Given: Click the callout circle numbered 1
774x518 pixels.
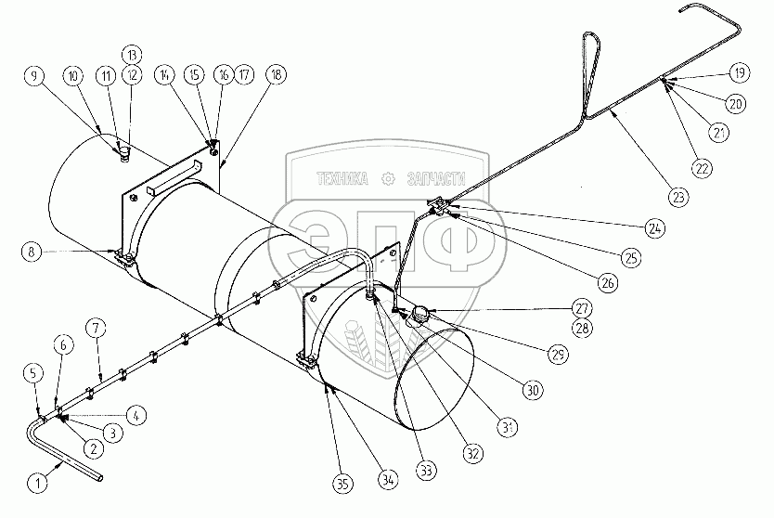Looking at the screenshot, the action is [x=38, y=482].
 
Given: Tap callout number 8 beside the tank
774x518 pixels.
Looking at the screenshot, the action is [x=32, y=252].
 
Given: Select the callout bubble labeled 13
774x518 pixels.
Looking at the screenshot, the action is [x=132, y=55].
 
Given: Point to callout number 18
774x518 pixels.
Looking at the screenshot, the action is [x=276, y=74].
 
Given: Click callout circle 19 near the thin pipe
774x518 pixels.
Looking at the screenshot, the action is [x=739, y=72].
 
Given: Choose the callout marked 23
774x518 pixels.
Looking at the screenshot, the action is [x=678, y=197].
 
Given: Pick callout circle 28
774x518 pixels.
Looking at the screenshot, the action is [x=583, y=328].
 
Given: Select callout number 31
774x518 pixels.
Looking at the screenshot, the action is [x=509, y=427].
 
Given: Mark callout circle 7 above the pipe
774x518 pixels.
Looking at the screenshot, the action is [x=97, y=328].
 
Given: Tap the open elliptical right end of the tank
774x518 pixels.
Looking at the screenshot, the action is [x=434, y=378].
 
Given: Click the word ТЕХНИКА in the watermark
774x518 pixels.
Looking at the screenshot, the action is [x=342, y=179].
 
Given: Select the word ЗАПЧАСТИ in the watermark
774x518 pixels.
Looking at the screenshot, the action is [x=436, y=179].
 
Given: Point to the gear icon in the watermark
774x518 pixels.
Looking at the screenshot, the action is [x=389, y=179].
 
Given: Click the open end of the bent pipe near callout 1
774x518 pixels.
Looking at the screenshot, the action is [x=100, y=478].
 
